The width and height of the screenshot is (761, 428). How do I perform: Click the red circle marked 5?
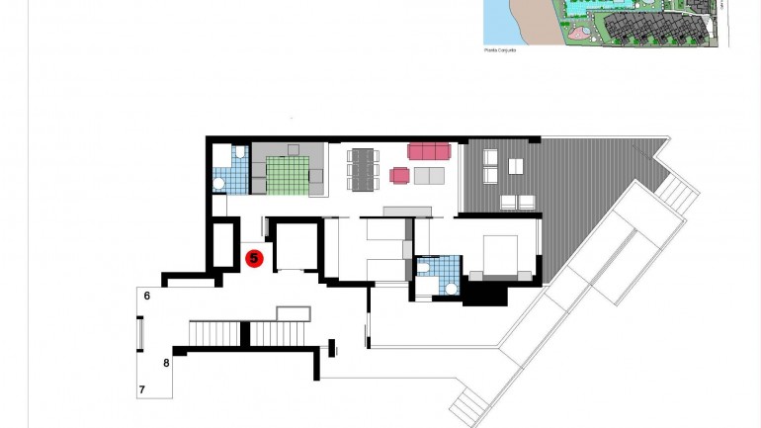click(x=254, y=258)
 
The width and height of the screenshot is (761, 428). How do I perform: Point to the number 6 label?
click(x=146, y=296)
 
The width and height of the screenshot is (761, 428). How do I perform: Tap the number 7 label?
click(x=142, y=389)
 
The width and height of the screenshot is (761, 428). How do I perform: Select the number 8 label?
click(x=166, y=363)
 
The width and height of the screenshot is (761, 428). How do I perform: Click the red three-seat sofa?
click(x=429, y=151)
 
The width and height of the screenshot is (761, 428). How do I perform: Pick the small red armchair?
click(x=399, y=175)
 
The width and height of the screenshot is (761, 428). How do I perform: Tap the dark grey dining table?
click(x=363, y=167)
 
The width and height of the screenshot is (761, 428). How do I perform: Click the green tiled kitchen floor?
click(x=288, y=176)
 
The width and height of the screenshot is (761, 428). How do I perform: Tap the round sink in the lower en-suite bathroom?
click(x=452, y=288)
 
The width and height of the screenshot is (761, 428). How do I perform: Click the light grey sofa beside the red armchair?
click(x=429, y=177)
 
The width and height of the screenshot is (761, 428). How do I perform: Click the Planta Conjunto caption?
click(x=500, y=49)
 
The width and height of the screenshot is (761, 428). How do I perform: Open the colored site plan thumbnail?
click(x=605, y=22)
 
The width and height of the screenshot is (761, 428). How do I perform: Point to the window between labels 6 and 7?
click(x=139, y=332)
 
